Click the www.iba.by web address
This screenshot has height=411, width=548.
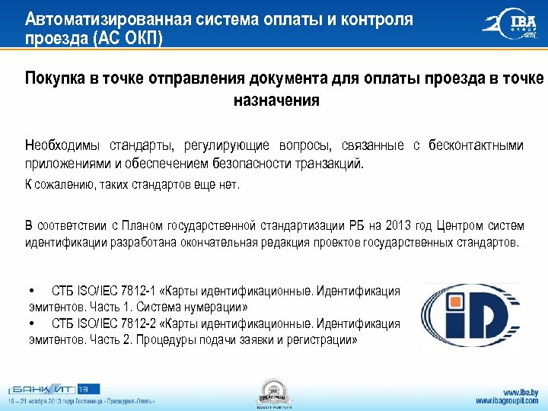pyautogui.click(x=521, y=390)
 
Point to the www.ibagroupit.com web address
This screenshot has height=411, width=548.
pyautogui.click(x=508, y=400)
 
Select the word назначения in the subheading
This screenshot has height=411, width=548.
pyautogui.click(x=276, y=100)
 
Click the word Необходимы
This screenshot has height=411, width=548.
pyautogui.click(x=60, y=145)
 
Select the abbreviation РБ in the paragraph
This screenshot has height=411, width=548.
pyautogui.click(x=358, y=225)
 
